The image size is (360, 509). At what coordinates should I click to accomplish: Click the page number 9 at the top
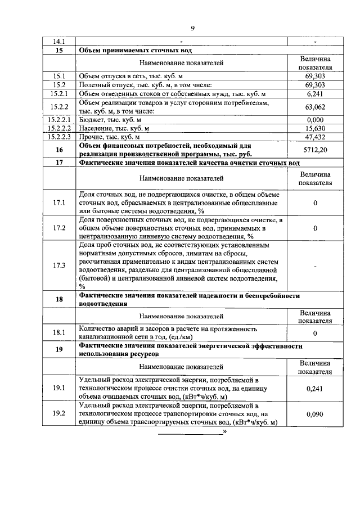tap(192, 29)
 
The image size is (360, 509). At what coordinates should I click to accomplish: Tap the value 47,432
tap(315, 137)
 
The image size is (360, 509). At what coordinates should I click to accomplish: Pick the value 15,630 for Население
tap(315, 128)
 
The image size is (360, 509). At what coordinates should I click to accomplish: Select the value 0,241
tap(315, 388)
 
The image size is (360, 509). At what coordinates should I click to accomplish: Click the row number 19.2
tap(59, 414)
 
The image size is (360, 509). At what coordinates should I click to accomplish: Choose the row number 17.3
tap(59, 265)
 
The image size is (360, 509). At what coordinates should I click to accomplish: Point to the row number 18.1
tap(59, 333)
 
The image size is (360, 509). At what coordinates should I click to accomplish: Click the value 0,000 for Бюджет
tap(315, 120)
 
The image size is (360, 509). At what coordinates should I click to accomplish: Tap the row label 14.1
tap(59, 42)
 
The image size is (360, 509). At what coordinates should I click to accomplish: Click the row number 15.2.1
tap(59, 93)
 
